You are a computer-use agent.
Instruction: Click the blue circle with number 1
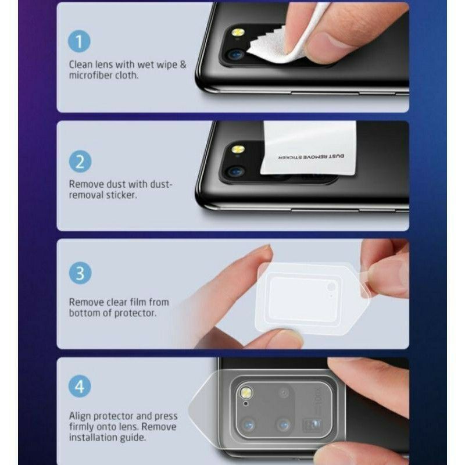80,41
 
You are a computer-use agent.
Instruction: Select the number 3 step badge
80,274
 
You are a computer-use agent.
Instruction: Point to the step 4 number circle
80,387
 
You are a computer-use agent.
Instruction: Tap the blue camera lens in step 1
235,55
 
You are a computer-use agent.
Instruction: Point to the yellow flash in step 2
238,149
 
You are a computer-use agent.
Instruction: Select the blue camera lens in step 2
235,171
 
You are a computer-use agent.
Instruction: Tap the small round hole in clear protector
331,287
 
